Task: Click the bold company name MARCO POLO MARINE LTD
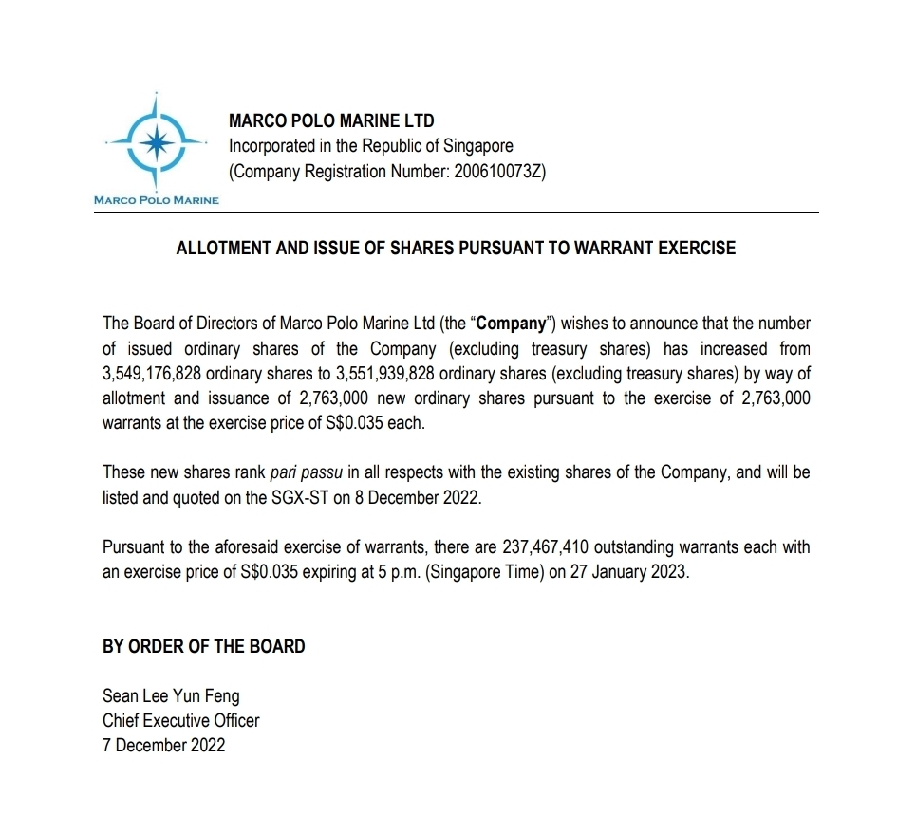[331, 121]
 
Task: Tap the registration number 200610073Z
[495, 172]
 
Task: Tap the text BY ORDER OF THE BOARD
[204, 647]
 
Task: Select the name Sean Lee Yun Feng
[171, 696]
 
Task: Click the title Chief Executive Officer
[180, 721]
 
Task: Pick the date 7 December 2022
[164, 746]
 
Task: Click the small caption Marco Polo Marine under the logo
[156, 200]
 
